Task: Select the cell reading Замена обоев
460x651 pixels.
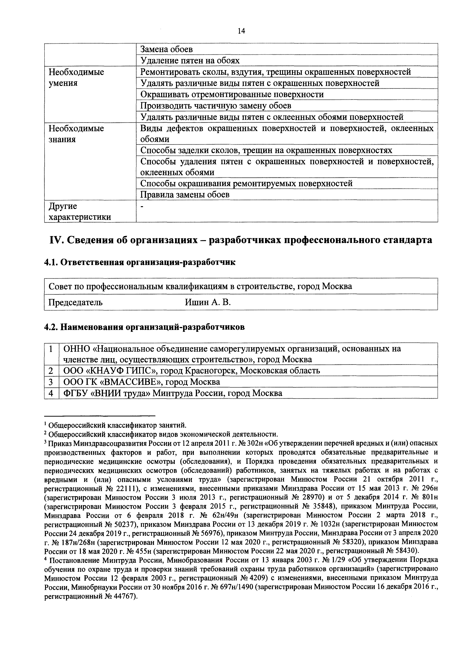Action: pyautogui.click(x=167, y=49)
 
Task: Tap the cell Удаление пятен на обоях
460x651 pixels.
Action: pyautogui.click(x=190, y=60)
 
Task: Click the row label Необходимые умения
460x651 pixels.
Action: pyautogui.click(x=76, y=77)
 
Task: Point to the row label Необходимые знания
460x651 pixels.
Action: pyautogui.click(x=76, y=134)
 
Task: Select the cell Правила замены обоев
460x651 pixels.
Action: pyautogui.click(x=185, y=194)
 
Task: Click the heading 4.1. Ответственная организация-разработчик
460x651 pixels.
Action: pyautogui.click(x=140, y=262)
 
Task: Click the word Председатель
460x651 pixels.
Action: pyautogui.click(x=75, y=302)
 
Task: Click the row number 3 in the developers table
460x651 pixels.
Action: pyautogui.click(x=51, y=382)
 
